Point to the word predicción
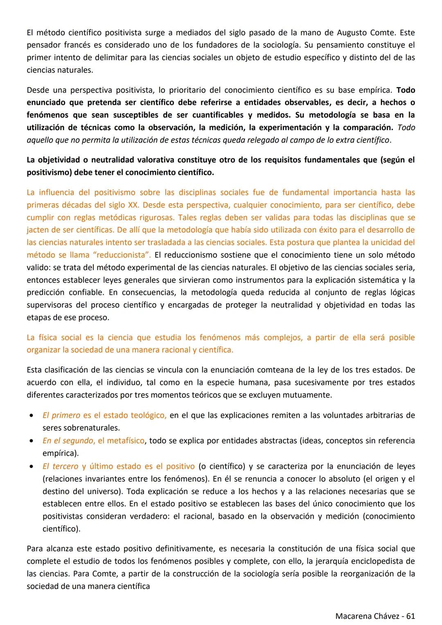tap(45, 293)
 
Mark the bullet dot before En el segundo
tap(32, 441)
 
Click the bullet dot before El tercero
tap(32, 467)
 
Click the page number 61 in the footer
tap(410, 616)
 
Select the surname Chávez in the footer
tap(385, 616)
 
